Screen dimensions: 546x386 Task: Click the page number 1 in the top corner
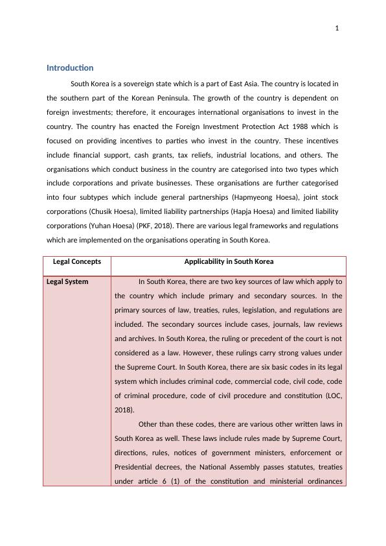337,28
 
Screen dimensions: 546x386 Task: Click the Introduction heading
70,68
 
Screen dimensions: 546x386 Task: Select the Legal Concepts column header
76,262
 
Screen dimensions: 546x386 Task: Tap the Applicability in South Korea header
229,262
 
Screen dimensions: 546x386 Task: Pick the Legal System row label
67,282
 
